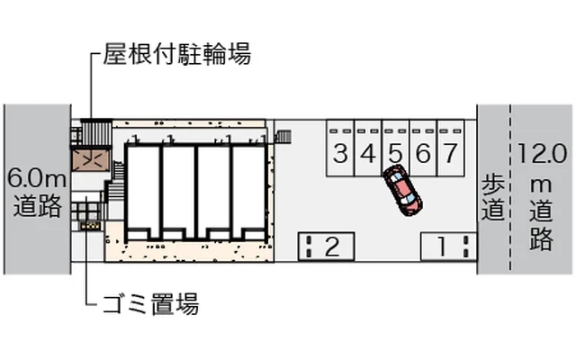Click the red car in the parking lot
click(x=401, y=189)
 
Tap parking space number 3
click(x=339, y=151)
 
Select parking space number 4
click(x=367, y=151)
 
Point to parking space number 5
click(x=395, y=150)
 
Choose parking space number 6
click(x=423, y=151)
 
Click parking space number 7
click(x=451, y=151)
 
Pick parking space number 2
click(x=327, y=245)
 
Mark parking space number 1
click(x=448, y=245)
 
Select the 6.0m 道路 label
click(x=35, y=191)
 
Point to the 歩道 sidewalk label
click(x=492, y=196)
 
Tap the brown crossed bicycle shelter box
click(x=90, y=158)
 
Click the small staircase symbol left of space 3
click(x=284, y=137)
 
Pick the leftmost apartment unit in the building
click(x=142, y=191)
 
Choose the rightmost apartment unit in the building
click(x=248, y=191)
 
